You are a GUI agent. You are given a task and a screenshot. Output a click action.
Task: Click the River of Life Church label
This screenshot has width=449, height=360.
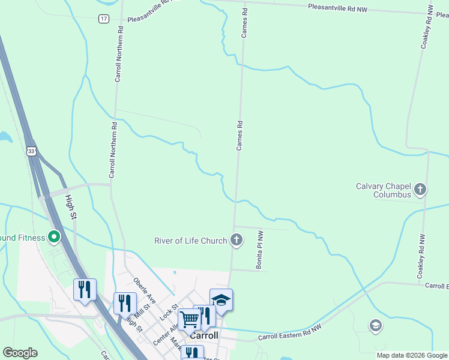[190, 241]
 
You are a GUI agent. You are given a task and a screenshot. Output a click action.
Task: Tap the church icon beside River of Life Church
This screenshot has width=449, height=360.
[237, 241]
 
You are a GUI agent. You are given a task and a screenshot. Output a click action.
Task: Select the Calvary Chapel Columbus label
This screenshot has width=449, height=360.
[383, 190]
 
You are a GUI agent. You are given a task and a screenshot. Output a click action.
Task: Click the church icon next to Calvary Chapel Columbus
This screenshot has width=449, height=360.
[420, 190]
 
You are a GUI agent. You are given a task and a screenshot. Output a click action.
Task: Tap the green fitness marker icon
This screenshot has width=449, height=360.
[54, 238]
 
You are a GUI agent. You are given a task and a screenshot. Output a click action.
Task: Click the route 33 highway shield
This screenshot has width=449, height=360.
[31, 152]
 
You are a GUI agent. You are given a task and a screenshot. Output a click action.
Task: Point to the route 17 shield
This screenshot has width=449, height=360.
[104, 19]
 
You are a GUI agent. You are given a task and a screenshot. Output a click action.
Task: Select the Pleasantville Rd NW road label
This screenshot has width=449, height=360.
[337, 8]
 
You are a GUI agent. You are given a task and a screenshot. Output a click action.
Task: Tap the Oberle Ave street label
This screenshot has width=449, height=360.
[145, 291]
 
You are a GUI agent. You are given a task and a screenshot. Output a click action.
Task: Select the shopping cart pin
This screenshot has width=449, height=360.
[190, 319]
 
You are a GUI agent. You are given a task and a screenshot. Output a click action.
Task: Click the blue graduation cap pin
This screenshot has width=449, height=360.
[221, 301]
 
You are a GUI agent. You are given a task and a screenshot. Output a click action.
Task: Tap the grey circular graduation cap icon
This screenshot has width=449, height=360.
[375, 326]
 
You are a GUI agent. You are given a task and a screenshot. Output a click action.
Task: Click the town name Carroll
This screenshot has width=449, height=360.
[203, 336]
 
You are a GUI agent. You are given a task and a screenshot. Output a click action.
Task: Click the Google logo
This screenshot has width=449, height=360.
[20, 353]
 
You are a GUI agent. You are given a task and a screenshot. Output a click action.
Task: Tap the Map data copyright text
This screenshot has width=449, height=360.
[411, 355]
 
